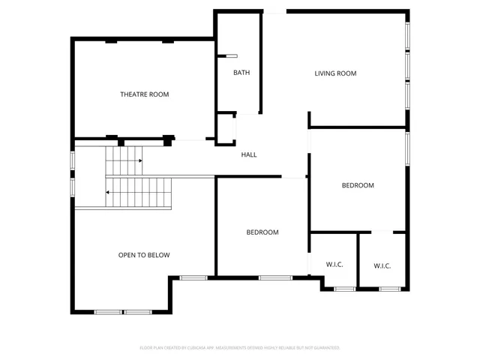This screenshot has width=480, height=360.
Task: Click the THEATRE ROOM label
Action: [145, 94]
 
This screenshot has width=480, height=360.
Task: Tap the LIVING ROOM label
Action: [335, 73]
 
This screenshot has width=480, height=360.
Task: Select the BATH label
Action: [241, 73]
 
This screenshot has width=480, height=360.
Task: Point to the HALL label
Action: [249, 154]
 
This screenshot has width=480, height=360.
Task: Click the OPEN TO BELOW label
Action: [144, 255]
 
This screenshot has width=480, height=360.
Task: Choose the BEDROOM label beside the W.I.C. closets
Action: [358, 185]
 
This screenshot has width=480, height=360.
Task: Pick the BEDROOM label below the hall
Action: [262, 232]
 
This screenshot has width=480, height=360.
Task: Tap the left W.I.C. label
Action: [334, 265]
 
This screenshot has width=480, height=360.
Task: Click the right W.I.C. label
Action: [382, 265]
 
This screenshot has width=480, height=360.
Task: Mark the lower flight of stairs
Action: [139, 193]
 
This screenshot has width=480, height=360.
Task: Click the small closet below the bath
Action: [226, 128]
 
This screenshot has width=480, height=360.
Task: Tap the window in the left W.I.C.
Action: [344, 289]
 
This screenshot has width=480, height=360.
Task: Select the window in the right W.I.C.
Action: [390, 289]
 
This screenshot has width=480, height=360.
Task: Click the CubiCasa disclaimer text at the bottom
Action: [240, 348]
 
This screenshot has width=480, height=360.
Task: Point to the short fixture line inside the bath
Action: [232, 55]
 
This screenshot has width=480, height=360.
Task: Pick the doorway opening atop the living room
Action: [274, 11]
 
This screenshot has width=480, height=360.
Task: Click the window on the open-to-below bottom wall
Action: [123, 312]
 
